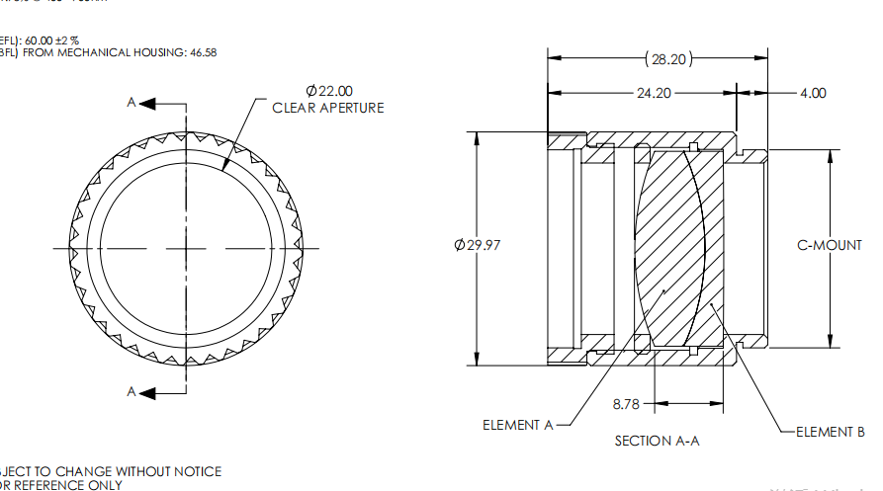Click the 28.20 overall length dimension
click(x=667, y=59)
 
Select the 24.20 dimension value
click(x=652, y=93)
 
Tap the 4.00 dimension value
click(x=812, y=93)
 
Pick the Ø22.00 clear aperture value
click(x=329, y=91)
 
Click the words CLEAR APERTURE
click(x=328, y=108)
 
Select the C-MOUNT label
click(x=830, y=245)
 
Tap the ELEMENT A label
click(x=517, y=425)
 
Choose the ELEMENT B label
click(x=831, y=432)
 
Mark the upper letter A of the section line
click(x=131, y=102)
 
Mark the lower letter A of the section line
click(x=131, y=392)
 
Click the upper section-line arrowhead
click(x=148, y=102)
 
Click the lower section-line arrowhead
click(x=148, y=392)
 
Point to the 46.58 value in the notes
click(x=202, y=51)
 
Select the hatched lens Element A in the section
click(x=660, y=247)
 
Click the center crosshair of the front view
click(x=185, y=248)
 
